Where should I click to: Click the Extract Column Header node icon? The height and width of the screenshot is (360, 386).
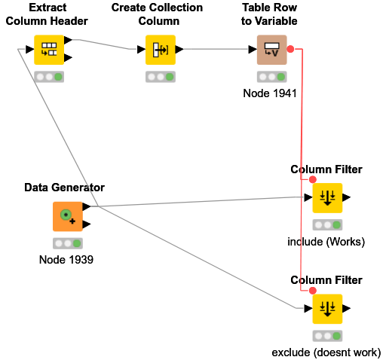coord(49,50)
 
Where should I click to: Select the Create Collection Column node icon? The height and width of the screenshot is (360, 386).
coord(160,50)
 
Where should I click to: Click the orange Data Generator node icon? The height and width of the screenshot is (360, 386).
coord(67,216)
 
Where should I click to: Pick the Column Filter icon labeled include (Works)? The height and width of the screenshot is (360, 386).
coord(327,198)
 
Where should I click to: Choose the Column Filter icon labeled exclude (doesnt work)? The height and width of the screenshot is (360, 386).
coord(327,309)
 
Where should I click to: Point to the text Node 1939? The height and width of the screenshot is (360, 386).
coord(66,260)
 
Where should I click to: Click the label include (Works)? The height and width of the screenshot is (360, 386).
coord(326,242)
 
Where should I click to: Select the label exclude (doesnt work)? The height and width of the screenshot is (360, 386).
coord(326,352)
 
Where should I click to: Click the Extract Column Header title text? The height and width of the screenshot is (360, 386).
coord(47,14)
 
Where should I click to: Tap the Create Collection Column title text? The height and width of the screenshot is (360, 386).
coord(157,14)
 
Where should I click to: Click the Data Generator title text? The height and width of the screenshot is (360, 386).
coord(64,188)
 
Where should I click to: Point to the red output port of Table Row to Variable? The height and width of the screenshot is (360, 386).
coord(290,48)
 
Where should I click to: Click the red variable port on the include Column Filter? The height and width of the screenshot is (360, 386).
coord(312,180)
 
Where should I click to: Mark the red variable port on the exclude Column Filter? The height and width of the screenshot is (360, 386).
coord(312,291)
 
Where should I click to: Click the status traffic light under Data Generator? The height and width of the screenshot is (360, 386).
coord(67,243)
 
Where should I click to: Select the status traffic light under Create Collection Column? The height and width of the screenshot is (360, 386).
coord(160,77)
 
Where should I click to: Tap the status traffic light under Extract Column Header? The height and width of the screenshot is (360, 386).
coord(49,77)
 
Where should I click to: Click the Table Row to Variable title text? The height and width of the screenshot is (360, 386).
coord(269,14)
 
